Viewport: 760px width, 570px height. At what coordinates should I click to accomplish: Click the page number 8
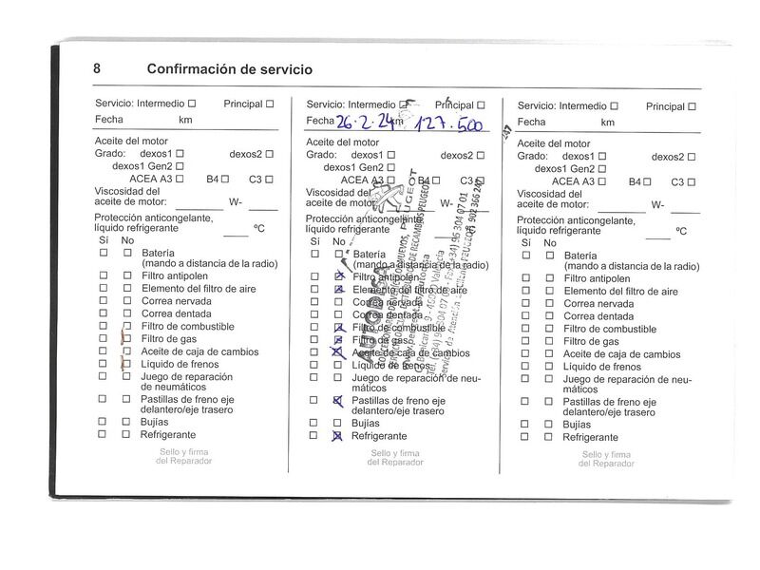click(98, 68)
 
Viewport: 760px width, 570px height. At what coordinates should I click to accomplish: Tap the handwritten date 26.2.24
click(364, 121)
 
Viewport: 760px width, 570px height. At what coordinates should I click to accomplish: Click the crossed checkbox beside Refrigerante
click(337, 436)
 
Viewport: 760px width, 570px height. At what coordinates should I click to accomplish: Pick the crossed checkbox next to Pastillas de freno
click(337, 401)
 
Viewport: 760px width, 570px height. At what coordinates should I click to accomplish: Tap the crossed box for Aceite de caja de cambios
click(336, 352)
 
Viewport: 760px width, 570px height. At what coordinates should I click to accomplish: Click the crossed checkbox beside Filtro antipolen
click(338, 276)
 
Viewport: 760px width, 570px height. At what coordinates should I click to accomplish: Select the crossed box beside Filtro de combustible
click(338, 328)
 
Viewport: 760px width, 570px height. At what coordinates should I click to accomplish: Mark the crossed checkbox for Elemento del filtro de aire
click(338, 289)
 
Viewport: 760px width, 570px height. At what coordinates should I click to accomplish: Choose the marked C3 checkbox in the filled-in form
click(480, 180)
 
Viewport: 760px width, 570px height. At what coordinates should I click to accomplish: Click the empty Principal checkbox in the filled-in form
click(481, 104)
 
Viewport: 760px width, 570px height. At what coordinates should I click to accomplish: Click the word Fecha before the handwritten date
click(320, 121)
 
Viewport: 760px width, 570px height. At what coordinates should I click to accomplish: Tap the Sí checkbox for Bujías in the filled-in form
click(314, 423)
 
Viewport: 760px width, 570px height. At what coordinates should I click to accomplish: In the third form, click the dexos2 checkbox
click(691, 155)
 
